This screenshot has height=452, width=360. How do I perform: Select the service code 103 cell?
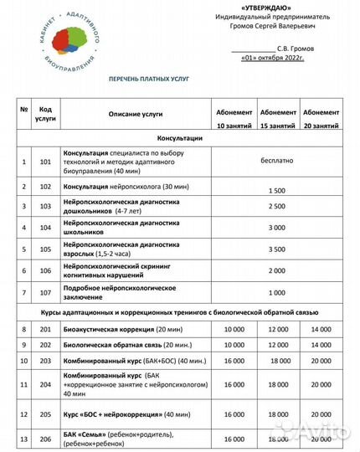(46, 206)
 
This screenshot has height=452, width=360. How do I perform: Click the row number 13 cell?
(23, 439)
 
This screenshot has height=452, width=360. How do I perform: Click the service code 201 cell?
(46, 331)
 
